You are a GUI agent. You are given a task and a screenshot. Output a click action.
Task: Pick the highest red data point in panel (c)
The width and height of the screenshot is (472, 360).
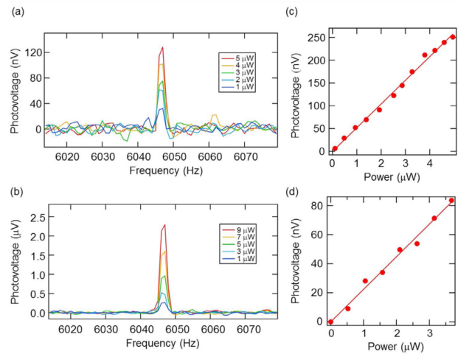pyautogui.click(x=453, y=37)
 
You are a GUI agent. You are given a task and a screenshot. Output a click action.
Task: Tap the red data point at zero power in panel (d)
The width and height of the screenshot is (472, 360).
pyautogui.click(x=331, y=322)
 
